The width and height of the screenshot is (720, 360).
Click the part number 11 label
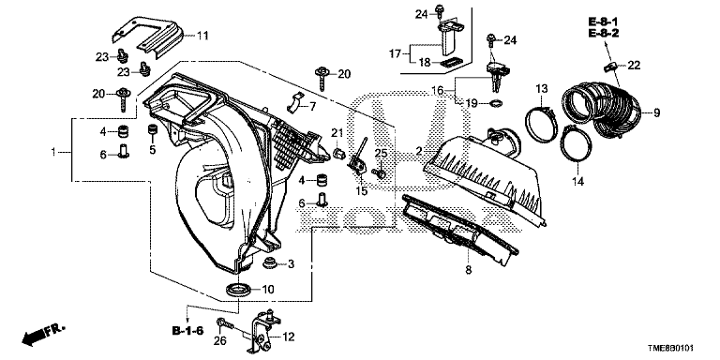(202, 35)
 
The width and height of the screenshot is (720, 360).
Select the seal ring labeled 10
(239, 291)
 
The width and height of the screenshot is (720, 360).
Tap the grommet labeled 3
(268, 263)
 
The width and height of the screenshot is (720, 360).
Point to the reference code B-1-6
(188, 330)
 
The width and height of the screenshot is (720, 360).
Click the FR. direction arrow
(43, 336)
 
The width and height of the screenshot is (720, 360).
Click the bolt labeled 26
(226, 324)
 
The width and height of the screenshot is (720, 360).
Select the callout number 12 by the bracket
(289, 337)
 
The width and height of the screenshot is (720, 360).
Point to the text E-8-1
(604, 22)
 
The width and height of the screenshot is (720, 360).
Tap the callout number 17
(395, 54)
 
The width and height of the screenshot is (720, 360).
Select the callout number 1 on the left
(53, 152)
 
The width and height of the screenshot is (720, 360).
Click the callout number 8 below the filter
(469, 270)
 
